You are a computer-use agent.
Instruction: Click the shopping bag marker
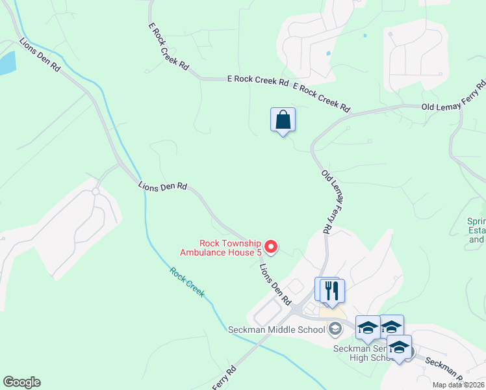coord(283,120)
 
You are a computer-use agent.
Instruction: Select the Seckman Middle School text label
coord(276,330)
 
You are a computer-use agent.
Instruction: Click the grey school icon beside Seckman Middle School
coord(335,328)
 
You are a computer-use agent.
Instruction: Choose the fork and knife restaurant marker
coord(332,291)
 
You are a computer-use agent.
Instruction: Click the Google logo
coord(21,382)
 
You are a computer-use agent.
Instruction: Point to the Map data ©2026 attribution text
coord(459,385)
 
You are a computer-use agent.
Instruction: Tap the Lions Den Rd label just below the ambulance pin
coord(275,285)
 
